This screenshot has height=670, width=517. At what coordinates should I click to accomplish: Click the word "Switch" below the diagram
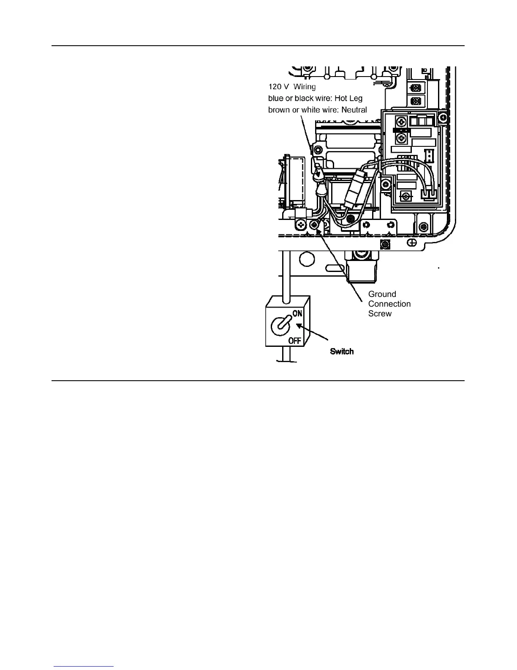[342, 351]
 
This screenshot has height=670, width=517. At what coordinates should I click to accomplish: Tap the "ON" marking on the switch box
[297, 313]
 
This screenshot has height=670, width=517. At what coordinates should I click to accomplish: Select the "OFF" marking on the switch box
[295, 340]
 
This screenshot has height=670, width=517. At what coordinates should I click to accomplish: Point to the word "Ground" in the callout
[382, 294]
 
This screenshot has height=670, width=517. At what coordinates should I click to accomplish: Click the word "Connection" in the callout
[389, 304]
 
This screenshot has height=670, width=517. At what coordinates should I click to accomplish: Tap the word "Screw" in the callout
[380, 313]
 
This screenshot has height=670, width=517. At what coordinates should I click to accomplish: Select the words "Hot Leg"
[348, 98]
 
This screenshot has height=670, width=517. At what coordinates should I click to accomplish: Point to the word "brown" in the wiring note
[279, 110]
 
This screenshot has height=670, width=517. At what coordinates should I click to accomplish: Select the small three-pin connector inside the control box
[429, 156]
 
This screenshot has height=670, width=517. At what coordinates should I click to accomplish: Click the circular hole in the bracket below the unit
[307, 258]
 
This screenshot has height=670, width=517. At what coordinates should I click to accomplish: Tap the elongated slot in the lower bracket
[334, 267]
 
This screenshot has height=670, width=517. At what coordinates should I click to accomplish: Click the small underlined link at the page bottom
[84, 666]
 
